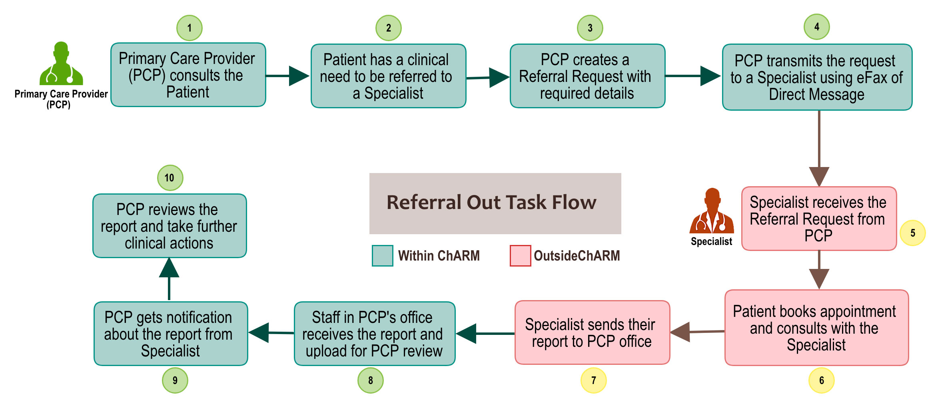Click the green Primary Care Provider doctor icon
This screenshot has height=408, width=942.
(61, 64)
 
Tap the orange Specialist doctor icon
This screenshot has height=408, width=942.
(712, 212)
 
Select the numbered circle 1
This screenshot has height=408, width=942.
(189, 28)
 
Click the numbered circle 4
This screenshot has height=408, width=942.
(816, 27)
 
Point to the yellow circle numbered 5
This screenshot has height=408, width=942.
(912, 233)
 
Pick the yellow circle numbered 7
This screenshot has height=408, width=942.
(593, 380)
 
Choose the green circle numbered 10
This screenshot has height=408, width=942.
(170, 178)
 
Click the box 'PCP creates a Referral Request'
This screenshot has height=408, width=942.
(587, 76)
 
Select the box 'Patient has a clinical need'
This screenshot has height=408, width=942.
(388, 76)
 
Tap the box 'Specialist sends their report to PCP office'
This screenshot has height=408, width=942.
(592, 332)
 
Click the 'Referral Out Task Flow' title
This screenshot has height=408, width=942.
(495, 203)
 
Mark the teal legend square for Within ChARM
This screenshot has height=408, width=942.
(382, 256)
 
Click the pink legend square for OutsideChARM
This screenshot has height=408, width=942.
(520, 256)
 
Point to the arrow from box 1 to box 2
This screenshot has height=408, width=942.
(288, 76)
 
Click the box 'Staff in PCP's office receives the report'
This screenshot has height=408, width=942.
(375, 334)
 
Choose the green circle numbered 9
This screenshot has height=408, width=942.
(175, 380)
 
